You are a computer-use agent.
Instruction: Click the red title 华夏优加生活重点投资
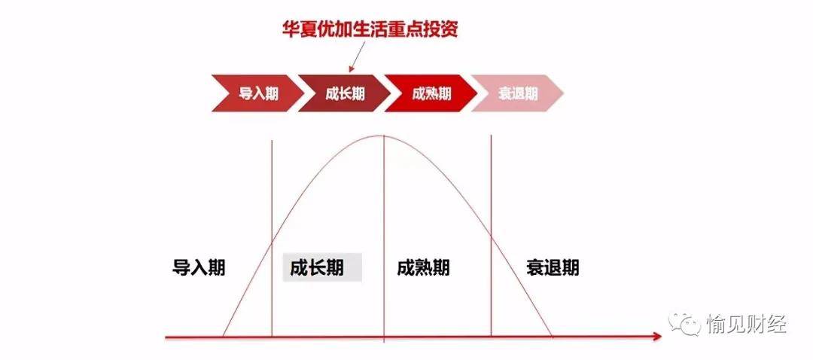[370, 29]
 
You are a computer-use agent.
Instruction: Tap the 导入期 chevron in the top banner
[257, 93]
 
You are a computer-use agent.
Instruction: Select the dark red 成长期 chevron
[344, 93]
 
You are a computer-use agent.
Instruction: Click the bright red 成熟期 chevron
[431, 93]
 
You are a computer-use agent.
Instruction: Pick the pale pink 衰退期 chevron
[517, 93]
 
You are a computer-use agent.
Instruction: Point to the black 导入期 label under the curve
[199, 267]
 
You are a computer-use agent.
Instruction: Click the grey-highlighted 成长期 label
[321, 267]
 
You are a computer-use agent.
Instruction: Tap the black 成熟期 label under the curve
[423, 267]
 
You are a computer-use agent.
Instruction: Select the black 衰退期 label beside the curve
[553, 267]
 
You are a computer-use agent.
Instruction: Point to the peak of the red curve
[383, 136]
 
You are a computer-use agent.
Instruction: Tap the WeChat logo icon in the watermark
[684, 325]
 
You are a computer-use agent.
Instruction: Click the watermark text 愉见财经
[745, 325]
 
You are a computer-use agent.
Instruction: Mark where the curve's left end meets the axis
[223, 337]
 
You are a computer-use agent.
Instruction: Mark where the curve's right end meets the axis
[552, 337]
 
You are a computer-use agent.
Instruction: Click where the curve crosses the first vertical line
[272, 243]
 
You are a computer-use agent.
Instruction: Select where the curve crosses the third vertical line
[491, 236]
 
